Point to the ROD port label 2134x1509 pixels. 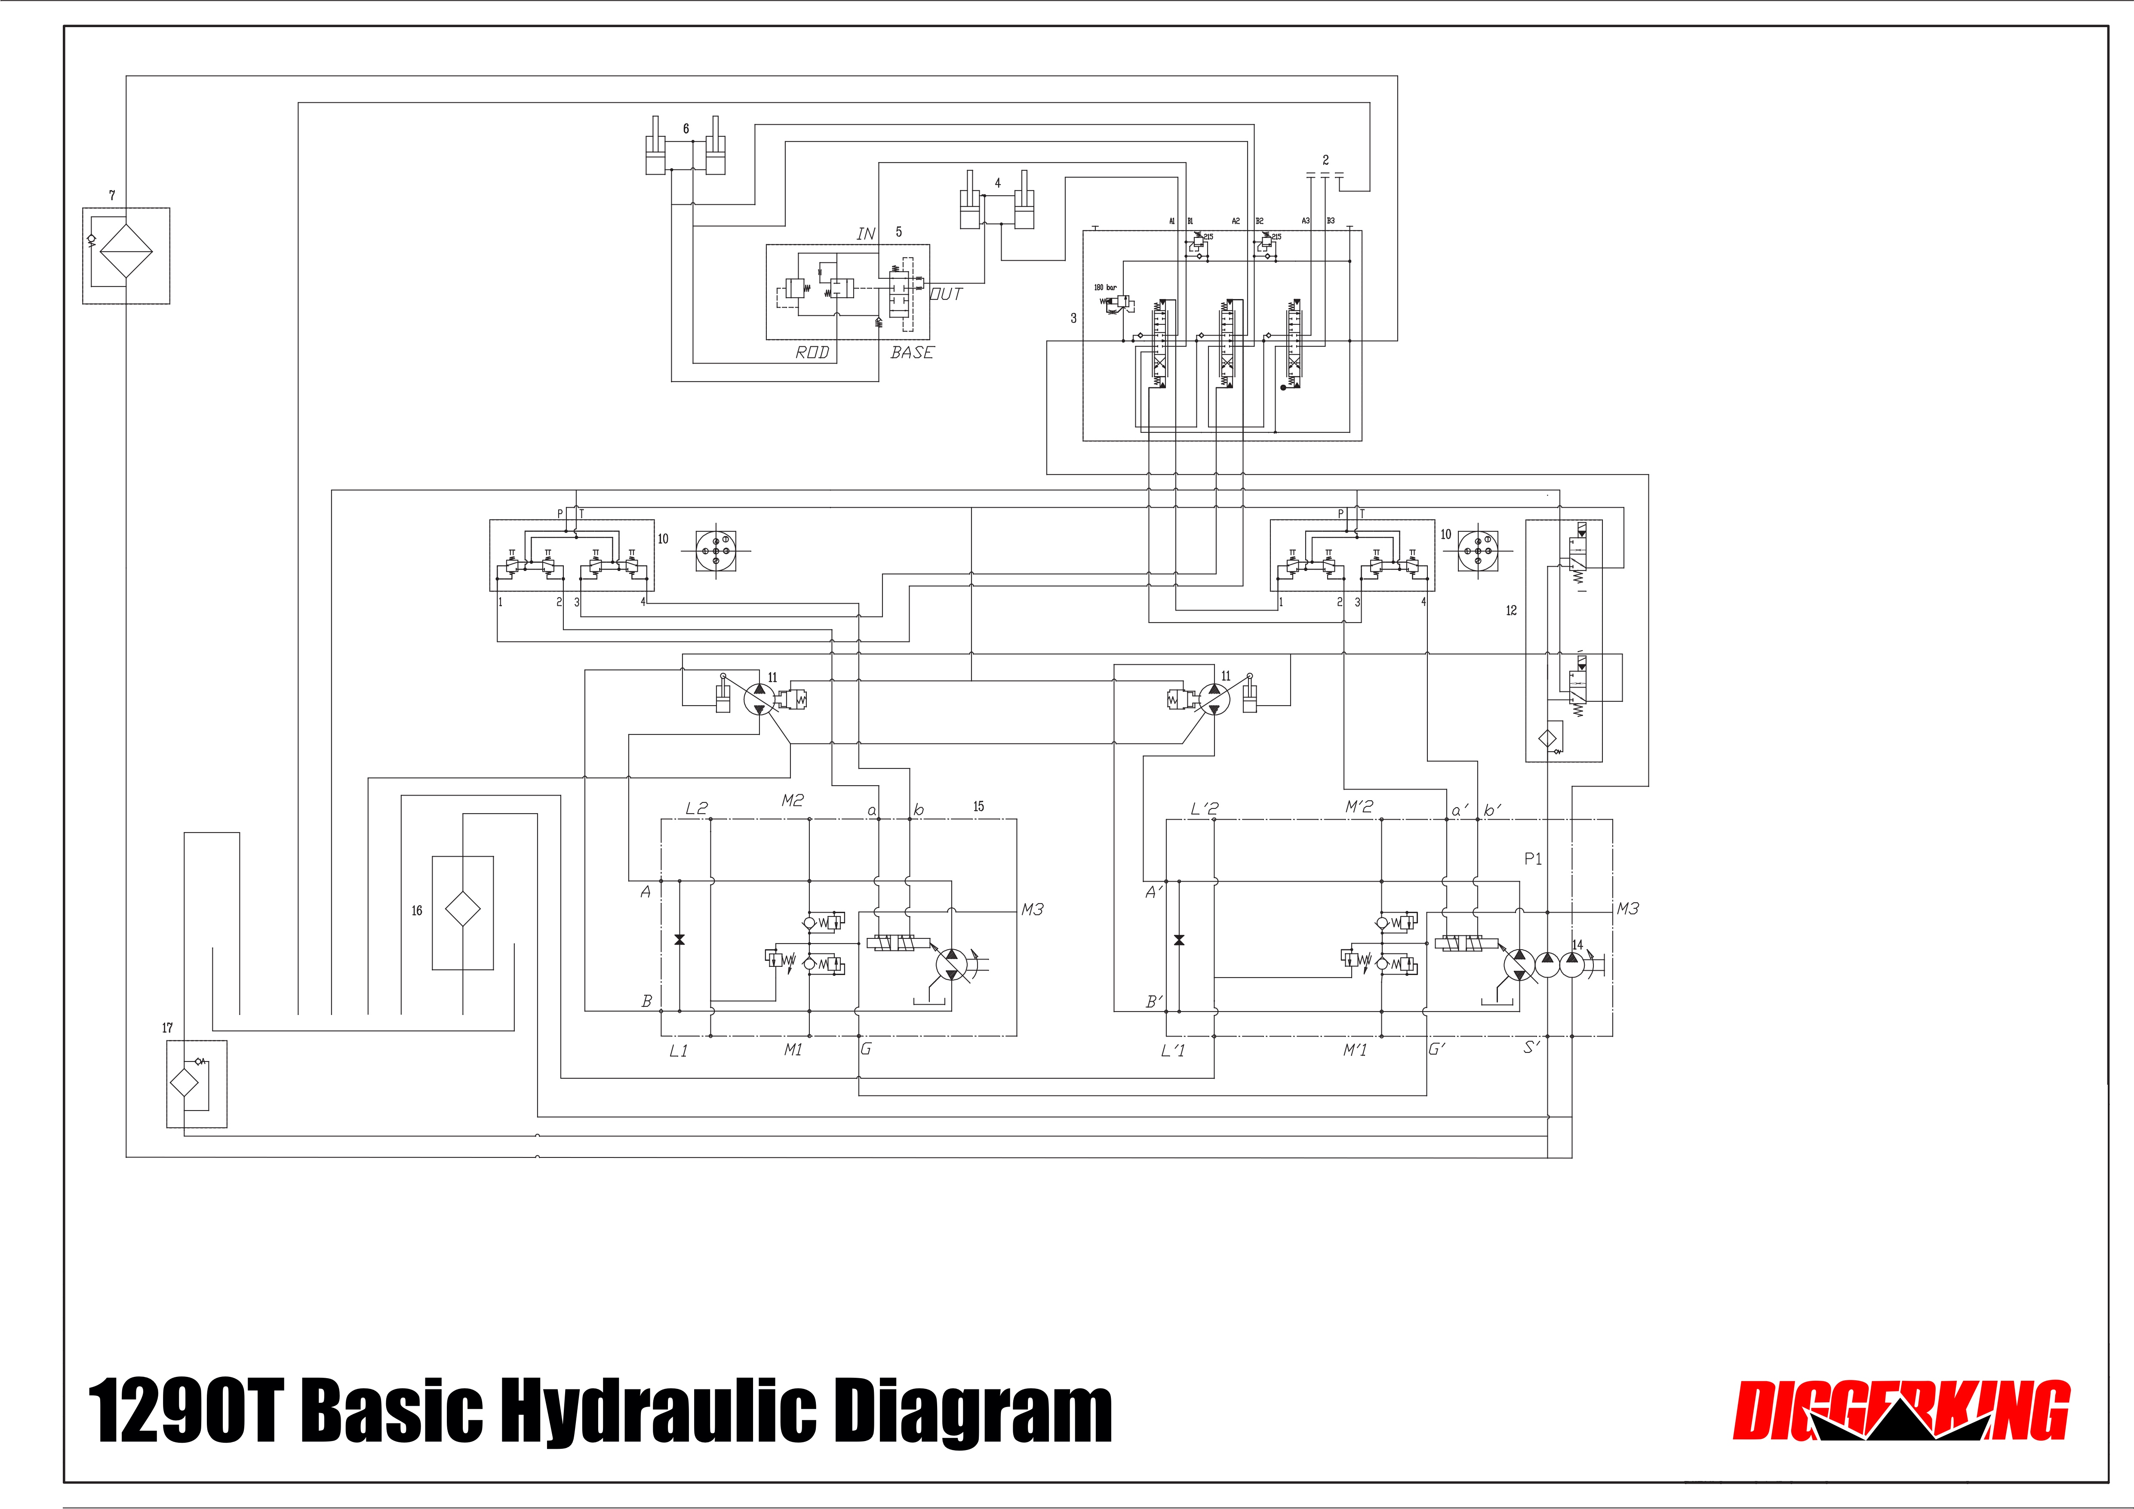click(812, 352)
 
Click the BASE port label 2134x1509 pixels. click(912, 352)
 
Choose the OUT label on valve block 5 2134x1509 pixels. click(946, 294)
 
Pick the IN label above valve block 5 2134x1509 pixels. click(865, 233)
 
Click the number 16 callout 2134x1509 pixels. click(416, 910)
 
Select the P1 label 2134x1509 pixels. click(1533, 859)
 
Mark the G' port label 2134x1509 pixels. click(1437, 1050)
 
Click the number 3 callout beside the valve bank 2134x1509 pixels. click(1073, 318)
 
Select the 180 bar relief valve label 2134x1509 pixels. click(1105, 287)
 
